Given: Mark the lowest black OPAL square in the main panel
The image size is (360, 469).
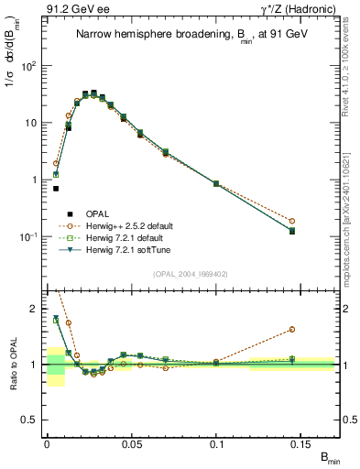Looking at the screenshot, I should (56, 189).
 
